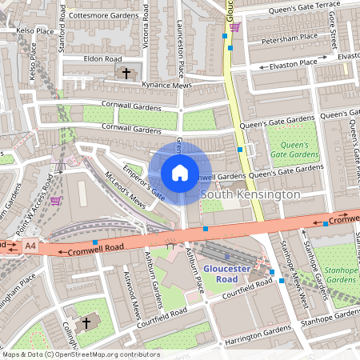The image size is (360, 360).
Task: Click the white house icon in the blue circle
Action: [180, 173]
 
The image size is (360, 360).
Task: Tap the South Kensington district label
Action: [250, 194]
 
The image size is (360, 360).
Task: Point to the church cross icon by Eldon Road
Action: [125, 74]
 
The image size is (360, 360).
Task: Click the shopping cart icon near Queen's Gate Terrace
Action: [234, 27]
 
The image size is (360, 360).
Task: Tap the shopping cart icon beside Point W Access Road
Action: [55, 200]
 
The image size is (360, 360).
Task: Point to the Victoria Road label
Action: [145, 24]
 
